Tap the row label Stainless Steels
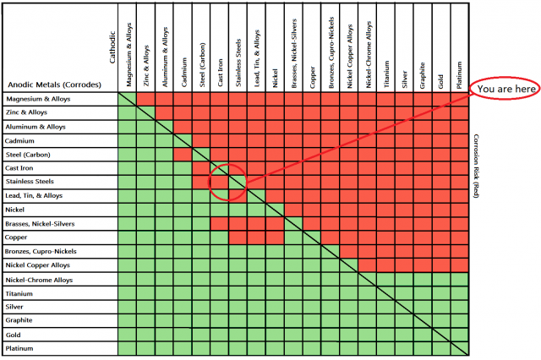click(x=30, y=182)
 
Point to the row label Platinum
click(x=20, y=347)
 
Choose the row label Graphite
click(x=20, y=320)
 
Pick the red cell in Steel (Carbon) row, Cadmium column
click(x=182, y=154)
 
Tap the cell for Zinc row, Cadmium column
click(x=182, y=113)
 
